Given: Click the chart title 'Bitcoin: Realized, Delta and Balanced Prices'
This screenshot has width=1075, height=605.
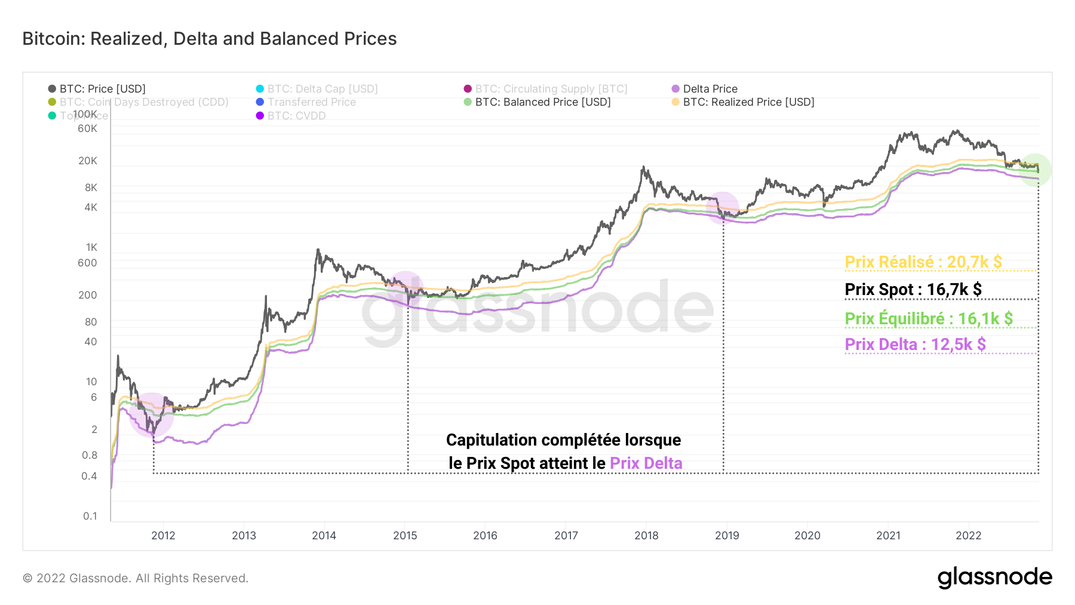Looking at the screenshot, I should pos(210,39).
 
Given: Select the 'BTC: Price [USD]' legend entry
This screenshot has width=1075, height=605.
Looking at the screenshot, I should pos(102,89).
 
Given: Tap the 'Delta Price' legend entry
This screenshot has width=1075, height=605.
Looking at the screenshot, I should pos(709,89).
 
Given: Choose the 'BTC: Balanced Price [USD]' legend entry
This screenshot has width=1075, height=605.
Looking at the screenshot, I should pos(542,102).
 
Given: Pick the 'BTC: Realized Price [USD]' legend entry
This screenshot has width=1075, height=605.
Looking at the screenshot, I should pos(748,102).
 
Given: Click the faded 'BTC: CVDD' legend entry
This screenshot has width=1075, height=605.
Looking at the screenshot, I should pos(296,116).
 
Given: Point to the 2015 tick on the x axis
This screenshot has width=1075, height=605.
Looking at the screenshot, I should pos(405,536).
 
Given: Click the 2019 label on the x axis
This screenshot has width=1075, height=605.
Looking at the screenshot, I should pos(727,536).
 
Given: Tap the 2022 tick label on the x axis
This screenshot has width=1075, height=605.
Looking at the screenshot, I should pos(968,536).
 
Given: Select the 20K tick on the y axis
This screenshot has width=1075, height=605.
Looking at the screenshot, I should pos(88,161).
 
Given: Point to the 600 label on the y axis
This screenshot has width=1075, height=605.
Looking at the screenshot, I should pos(87,263).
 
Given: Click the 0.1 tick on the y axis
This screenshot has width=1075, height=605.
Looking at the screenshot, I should pos(90,516).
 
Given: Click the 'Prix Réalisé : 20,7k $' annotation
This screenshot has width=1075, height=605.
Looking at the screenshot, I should pos(923,262).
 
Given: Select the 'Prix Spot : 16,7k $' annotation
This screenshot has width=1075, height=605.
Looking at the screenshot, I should pos(913,290).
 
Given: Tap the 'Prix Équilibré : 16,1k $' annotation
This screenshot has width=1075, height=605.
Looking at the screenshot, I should pos(929,319).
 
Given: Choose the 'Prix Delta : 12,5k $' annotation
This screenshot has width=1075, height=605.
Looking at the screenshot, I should pos(915,345).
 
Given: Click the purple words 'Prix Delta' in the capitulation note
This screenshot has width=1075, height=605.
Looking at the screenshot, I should pos(646,463).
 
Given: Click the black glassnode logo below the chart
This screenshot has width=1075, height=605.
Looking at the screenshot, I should pos(994,578).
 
